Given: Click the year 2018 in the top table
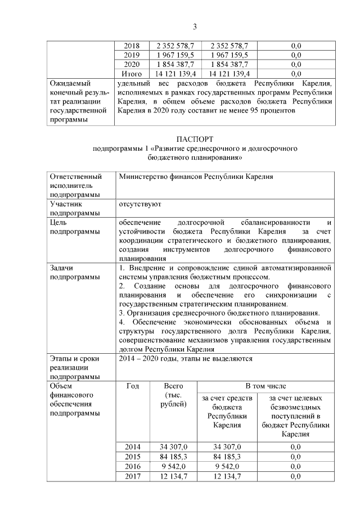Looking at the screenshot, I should (131, 46).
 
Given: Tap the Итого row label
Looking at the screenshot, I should (131, 74).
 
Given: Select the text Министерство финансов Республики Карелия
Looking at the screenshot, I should (196, 177).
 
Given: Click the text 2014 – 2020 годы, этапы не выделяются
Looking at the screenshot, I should (185, 358).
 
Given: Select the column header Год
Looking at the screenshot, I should (133, 386).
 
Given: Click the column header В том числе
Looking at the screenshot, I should (265, 386).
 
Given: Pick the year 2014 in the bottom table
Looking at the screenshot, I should (133, 447).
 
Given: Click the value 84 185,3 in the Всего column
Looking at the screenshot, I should (173, 457).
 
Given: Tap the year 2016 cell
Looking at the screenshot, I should (133, 466).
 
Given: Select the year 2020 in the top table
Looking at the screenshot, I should (131, 65).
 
